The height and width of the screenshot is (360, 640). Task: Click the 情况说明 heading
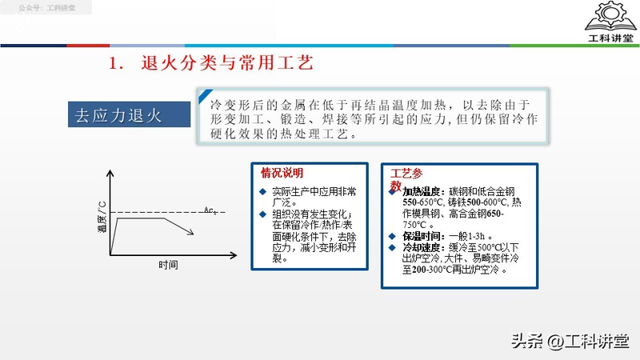282,173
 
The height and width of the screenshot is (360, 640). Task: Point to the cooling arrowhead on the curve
193,233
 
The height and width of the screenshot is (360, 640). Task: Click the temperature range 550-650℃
422,203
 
